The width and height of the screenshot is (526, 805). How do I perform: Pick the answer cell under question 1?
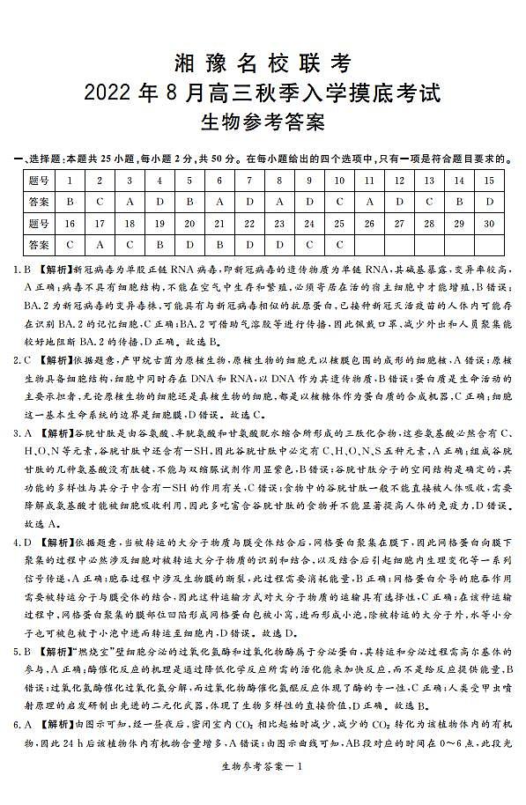pyautogui.click(x=69, y=202)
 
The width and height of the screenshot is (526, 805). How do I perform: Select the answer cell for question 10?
pyautogui.click(x=339, y=202)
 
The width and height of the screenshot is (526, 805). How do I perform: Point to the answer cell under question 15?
pyautogui.click(x=489, y=202)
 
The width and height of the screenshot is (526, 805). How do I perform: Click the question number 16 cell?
pyautogui.click(x=69, y=223)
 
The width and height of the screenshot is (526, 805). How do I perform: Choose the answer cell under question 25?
pyautogui.click(x=339, y=244)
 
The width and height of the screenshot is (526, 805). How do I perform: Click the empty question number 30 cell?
pyautogui.click(x=489, y=223)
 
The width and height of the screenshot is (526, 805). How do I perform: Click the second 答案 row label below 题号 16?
pyautogui.click(x=38, y=244)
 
